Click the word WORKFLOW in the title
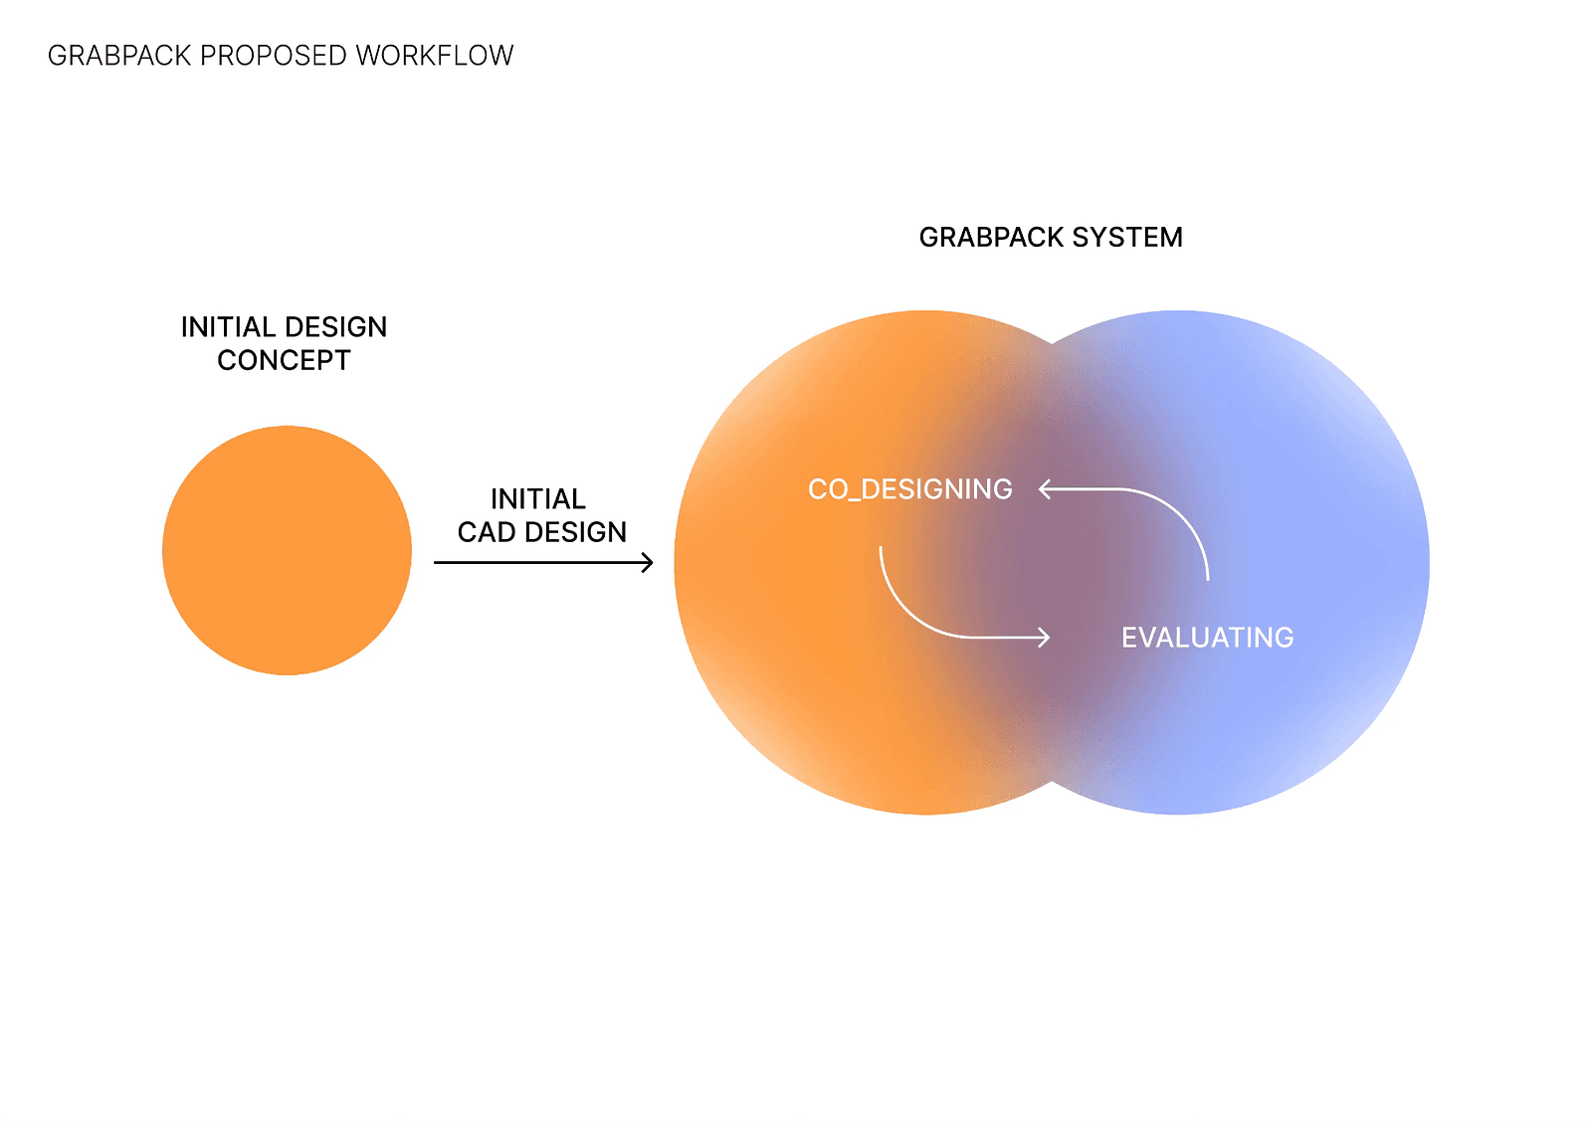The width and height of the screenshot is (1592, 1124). pos(434,56)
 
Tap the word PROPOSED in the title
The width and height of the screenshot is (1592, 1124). pos(273,56)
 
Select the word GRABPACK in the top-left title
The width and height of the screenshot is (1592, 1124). pos(119,56)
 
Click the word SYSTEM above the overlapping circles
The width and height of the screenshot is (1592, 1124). pos(1127,238)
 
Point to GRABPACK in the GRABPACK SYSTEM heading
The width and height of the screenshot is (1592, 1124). pos(991,238)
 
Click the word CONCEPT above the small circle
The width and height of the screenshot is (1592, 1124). pos(284,360)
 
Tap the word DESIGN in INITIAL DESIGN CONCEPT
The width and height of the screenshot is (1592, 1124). pos(335,327)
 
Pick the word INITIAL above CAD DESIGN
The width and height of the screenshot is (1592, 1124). pos(538,498)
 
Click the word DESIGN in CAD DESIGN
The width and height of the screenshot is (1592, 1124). pos(575,532)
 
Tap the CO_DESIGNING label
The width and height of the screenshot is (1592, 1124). pos(909,489)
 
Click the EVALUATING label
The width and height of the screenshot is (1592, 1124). pos(1208,638)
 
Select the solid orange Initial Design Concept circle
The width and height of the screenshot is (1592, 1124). pos(288,550)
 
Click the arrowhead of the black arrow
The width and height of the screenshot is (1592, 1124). pos(648,563)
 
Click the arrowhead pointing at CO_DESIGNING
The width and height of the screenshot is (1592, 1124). pos(1045,488)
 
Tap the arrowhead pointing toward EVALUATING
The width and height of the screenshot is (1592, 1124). pos(1044,638)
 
